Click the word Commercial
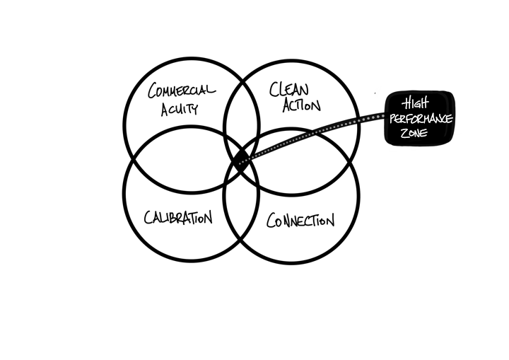[182, 91]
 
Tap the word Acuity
[180, 109]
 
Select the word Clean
[289, 89]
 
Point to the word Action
[302, 105]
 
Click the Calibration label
[178, 217]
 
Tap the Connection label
[300, 220]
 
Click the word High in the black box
[416, 103]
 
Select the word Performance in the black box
[421, 119]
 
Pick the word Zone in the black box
[414, 133]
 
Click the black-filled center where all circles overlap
[242, 159]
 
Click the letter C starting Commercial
[153, 91]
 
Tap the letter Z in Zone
[404, 133]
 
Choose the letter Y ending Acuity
[194, 110]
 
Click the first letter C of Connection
[271, 220]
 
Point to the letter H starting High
[406, 104]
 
